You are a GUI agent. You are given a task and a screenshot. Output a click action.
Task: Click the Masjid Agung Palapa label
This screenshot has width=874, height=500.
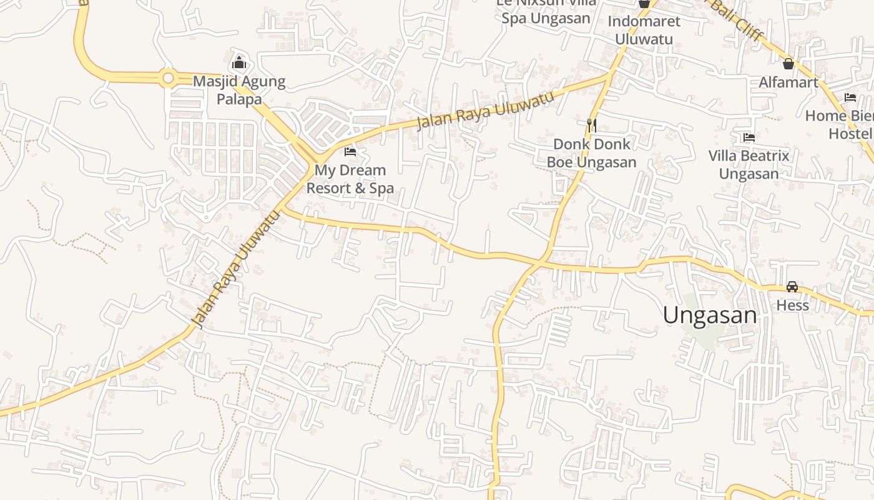coord(239,90)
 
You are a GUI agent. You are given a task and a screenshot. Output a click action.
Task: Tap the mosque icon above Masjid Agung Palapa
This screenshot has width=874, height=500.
coord(238,63)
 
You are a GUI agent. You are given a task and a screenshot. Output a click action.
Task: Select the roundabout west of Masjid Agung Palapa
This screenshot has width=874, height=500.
coord(167,78)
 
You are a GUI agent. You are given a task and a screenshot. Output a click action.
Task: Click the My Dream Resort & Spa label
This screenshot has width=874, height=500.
coord(350,179)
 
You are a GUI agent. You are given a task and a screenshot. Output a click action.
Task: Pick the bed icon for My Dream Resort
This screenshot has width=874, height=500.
coord(350,151)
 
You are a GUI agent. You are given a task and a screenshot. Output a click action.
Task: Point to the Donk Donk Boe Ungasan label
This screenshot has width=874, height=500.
coord(591,153)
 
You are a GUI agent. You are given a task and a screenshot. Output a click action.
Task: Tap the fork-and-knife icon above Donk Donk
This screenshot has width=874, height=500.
coord(592,126)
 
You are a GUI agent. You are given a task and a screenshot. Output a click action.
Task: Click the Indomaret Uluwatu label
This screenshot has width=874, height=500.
coord(644,30)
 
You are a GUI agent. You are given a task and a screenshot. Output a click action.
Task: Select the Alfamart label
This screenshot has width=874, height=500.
coord(788,82)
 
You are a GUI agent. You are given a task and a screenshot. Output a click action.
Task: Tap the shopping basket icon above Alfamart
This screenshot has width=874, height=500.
coord(788,63)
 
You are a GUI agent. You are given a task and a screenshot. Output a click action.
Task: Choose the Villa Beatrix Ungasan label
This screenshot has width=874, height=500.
coord(749,164)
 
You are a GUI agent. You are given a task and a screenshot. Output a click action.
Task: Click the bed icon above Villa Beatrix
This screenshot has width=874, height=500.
coord(749,137)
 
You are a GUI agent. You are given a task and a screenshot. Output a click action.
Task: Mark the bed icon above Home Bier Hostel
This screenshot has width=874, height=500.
coord(850,97)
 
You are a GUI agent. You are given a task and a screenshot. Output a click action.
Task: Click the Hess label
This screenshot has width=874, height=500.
coord(792,306)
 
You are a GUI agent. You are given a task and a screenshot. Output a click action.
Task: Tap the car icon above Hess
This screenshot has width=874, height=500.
coord(792,287)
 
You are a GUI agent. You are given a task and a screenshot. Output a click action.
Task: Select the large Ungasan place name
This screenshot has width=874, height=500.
coord(710,315)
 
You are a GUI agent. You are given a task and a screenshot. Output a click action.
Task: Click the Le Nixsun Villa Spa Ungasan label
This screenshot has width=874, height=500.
coord(546,11)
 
